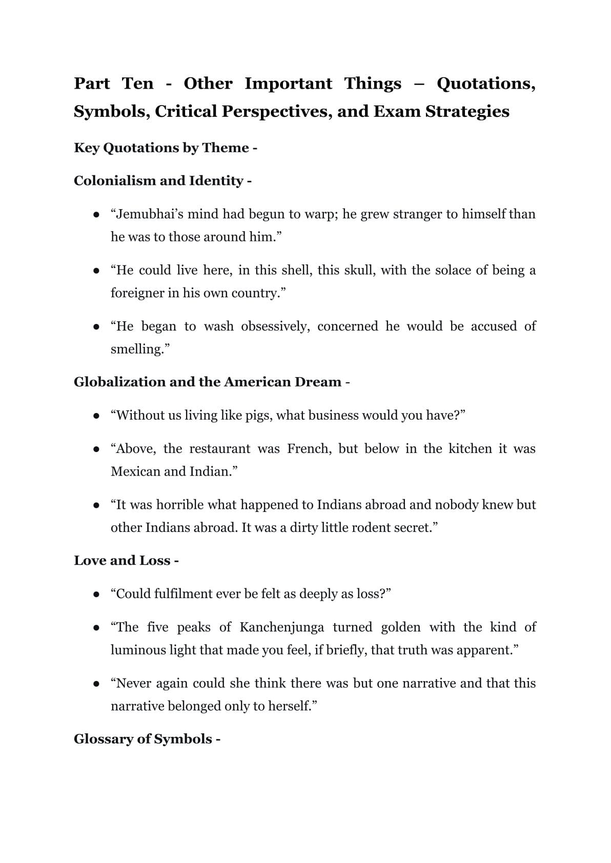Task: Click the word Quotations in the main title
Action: (485, 84)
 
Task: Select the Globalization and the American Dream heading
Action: (208, 382)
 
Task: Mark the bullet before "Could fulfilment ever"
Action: (96, 594)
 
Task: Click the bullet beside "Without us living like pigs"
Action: (96, 416)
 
